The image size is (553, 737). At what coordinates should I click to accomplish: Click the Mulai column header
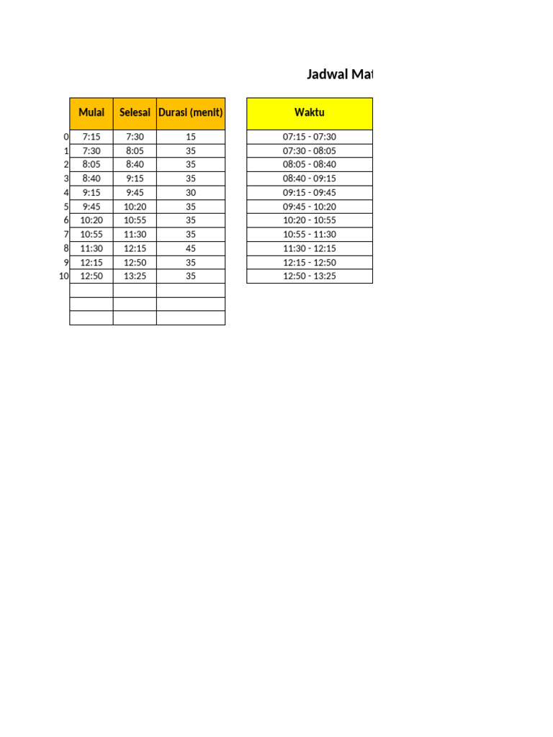tap(91, 112)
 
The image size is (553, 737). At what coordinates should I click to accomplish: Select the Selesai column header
tap(135, 112)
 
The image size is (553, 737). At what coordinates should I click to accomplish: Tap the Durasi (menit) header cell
tap(191, 112)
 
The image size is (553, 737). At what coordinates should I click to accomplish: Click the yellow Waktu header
tap(310, 112)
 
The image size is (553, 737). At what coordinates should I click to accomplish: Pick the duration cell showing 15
tap(191, 137)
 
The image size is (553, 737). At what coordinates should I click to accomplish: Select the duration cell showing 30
tap(191, 192)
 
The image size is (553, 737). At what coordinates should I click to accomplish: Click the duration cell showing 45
tap(191, 248)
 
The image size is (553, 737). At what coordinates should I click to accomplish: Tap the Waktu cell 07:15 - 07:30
tap(310, 137)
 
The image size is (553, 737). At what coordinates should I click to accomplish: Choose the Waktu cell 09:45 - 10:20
tap(310, 207)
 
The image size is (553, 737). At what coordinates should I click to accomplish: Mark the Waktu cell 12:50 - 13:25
tap(310, 276)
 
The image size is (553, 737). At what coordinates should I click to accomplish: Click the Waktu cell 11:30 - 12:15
tap(310, 248)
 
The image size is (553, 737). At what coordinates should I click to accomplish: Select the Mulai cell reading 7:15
tap(91, 137)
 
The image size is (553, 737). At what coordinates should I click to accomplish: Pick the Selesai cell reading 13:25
tap(135, 276)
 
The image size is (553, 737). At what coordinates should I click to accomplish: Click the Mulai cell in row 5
tap(91, 207)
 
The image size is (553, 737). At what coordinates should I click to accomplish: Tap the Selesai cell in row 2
tap(135, 165)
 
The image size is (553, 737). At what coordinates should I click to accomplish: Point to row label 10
tap(64, 276)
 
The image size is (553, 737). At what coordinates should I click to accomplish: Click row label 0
tap(66, 137)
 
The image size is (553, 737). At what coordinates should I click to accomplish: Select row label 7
tap(66, 234)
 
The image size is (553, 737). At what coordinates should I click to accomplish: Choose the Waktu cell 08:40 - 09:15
tap(310, 178)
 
